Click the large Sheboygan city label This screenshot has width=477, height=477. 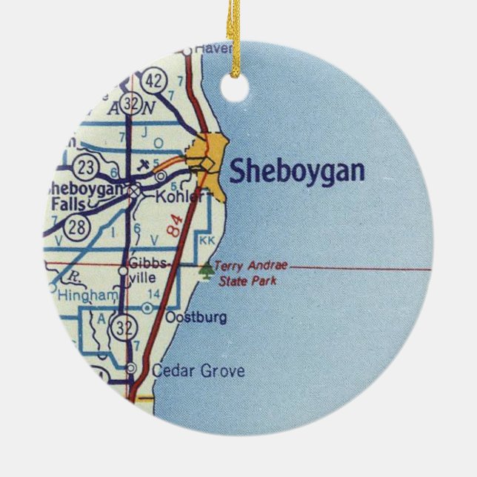[x=296, y=171]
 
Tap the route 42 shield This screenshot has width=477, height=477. [x=154, y=79]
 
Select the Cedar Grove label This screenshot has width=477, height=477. [x=197, y=371]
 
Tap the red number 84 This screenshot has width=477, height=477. [x=175, y=224]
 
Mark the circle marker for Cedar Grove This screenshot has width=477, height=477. [x=131, y=368]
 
